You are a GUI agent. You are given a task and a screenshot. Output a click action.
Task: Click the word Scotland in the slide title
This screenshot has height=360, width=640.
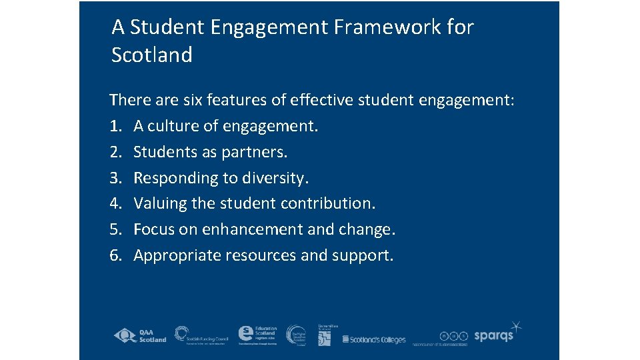[x=152, y=55]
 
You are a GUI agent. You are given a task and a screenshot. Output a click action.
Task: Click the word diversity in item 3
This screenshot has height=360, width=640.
[x=276, y=178]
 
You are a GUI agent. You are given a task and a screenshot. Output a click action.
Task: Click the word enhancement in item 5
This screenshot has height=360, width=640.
[x=245, y=229]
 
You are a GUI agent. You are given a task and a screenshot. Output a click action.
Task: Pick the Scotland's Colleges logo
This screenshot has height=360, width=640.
[x=373, y=339]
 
